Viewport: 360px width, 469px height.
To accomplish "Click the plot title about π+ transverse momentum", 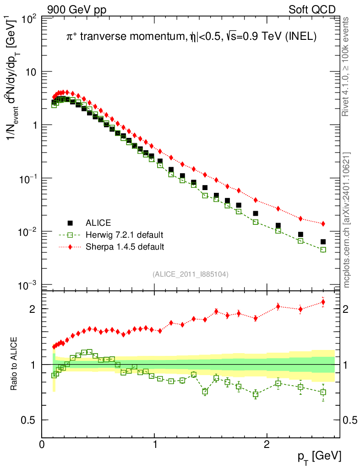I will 191,38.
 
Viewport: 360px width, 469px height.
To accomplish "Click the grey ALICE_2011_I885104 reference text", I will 191,274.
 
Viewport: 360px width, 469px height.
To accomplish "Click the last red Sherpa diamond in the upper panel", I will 323,224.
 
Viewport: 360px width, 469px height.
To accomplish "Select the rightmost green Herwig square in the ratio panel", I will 323,392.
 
